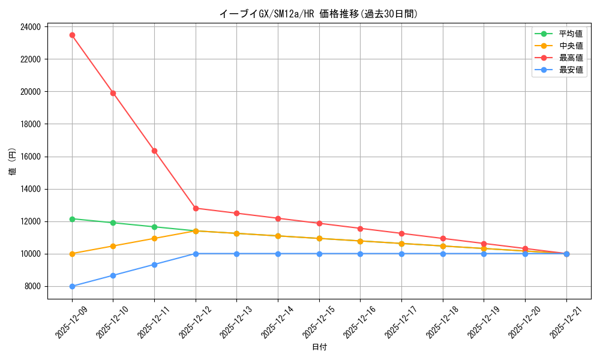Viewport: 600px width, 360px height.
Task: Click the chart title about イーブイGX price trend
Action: tap(319, 14)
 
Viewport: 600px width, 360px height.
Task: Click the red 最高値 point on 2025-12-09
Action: tap(72, 35)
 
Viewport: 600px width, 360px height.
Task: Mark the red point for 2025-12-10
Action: tap(113, 93)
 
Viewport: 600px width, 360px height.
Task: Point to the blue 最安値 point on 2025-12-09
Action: tap(72, 286)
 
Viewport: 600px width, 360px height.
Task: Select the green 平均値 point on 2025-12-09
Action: tap(72, 219)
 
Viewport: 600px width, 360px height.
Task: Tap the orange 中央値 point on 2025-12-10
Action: tap(113, 246)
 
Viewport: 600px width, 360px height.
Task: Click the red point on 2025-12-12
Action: tap(196, 208)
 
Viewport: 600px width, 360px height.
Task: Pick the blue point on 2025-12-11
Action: tap(154, 265)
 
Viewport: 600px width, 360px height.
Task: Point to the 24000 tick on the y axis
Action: tap(30, 27)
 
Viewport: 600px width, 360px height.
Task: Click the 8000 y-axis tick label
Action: tap(32, 286)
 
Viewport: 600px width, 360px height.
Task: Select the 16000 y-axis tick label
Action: tap(30, 157)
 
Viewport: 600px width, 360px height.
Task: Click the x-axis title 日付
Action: tap(319, 347)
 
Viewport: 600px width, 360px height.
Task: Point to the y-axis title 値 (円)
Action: tap(13, 162)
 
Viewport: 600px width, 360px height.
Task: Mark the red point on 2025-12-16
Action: tap(360, 229)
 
